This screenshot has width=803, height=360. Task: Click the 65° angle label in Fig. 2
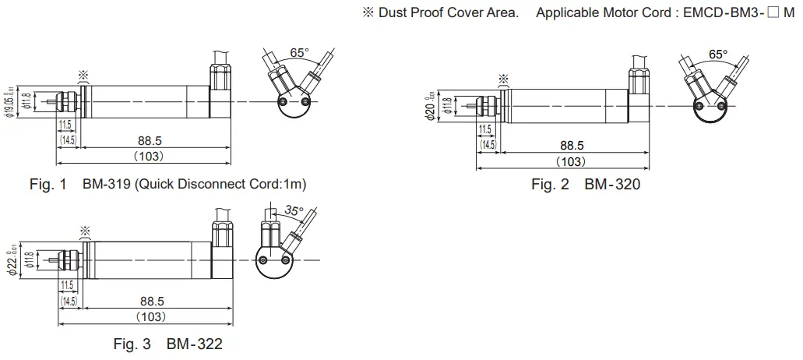pyautogui.click(x=719, y=55)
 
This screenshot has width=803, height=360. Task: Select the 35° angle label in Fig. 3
pyautogui.click(x=294, y=210)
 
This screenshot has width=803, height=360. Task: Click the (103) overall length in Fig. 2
pyautogui.click(x=572, y=161)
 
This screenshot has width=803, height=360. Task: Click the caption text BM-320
pyautogui.click(x=612, y=185)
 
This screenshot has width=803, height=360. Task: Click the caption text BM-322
pyautogui.click(x=195, y=344)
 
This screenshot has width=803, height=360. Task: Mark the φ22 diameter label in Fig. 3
pyautogui.click(x=11, y=261)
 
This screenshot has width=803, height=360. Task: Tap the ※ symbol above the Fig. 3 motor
pyautogui.click(x=84, y=231)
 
